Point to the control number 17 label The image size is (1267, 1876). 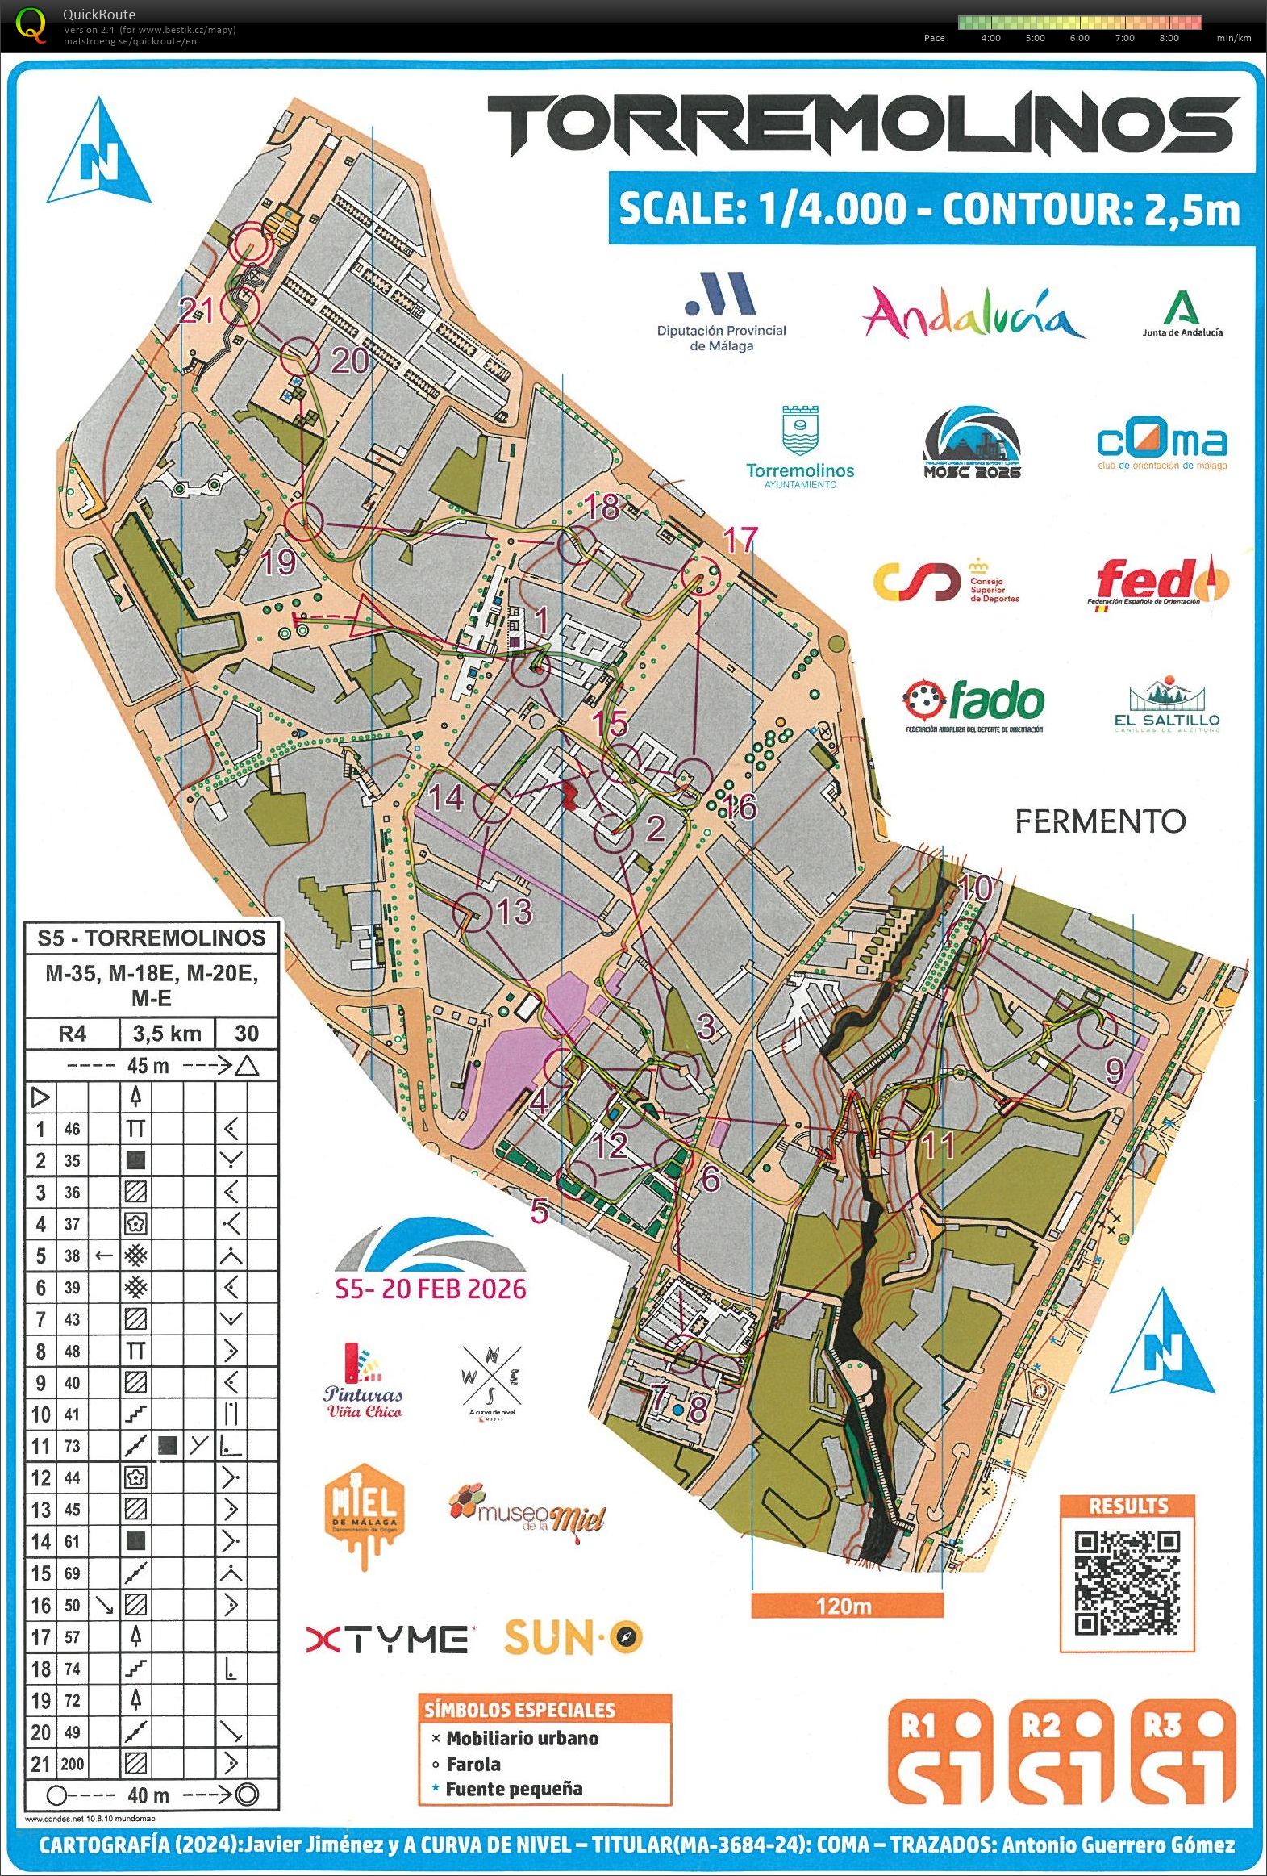coord(741,538)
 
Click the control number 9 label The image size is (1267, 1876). coord(1115,1071)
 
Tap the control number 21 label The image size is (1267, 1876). coord(196,309)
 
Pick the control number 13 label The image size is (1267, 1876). coord(514,911)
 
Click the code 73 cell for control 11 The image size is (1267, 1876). coord(72,1446)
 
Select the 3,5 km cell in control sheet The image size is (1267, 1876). coord(167,1034)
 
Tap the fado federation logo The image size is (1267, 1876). coord(973,703)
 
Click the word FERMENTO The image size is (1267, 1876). coord(1099,821)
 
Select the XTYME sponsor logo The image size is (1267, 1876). coord(387,1639)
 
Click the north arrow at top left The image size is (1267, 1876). coord(98,153)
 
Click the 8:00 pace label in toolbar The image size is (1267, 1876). coord(1168,38)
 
